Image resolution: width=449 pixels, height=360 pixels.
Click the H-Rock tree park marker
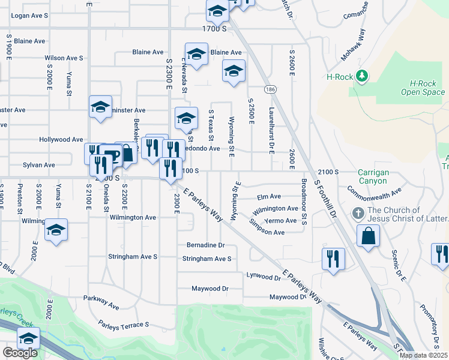[x=361, y=76]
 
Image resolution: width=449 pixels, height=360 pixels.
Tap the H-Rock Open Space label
[x=423, y=88]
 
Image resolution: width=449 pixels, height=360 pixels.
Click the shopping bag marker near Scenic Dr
[x=368, y=235]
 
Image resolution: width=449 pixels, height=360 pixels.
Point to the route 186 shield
[x=271, y=89]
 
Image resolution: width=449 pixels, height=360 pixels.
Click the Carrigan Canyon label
[x=373, y=176]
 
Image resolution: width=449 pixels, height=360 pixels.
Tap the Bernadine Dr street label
[x=205, y=245]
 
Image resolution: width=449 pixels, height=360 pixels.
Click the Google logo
[x=20, y=353]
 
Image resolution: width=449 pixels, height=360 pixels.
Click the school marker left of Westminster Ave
[x=100, y=107]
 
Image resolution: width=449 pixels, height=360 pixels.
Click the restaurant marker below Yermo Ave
[x=333, y=259]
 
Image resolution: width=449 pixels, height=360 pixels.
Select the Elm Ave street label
[x=268, y=196]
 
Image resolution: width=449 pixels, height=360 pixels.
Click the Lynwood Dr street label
[x=264, y=277]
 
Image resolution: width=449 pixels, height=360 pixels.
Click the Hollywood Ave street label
[x=61, y=139]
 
